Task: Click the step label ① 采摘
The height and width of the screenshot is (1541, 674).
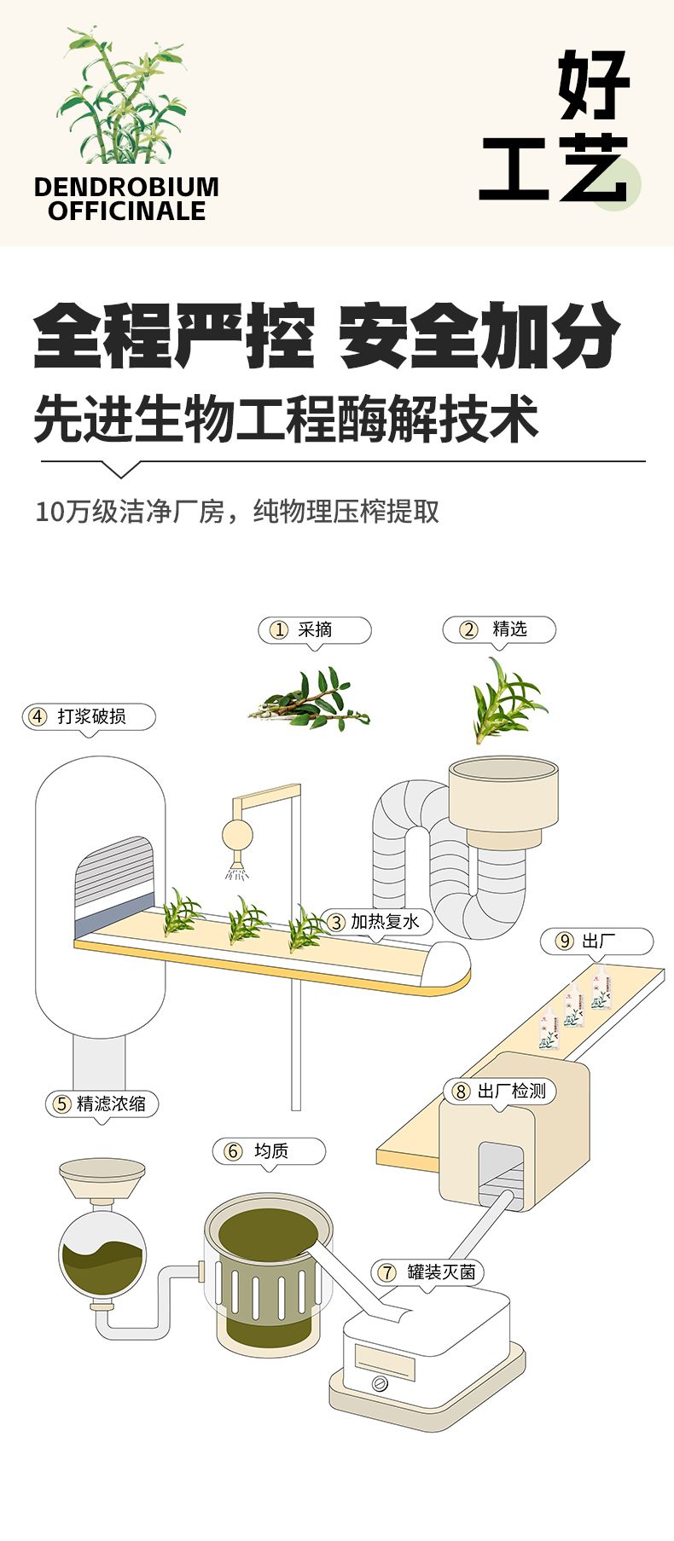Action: [315, 630]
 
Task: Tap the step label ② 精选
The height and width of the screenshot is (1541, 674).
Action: [499, 630]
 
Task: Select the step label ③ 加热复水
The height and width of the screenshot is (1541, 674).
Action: [375, 922]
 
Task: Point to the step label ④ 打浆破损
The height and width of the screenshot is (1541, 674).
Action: [89, 716]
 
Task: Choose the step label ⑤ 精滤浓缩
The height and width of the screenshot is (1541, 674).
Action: [102, 1104]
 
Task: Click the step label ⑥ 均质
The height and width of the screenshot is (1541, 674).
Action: [269, 1150]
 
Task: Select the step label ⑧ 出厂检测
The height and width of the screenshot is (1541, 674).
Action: [500, 1091]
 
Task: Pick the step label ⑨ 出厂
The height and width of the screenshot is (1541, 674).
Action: [596, 941]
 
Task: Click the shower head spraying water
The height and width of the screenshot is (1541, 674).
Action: [237, 871]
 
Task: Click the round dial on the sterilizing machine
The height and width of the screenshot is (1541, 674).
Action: [381, 1383]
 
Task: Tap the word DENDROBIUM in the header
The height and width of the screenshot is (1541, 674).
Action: [126, 187]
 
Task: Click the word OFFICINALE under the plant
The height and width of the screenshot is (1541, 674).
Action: [126, 211]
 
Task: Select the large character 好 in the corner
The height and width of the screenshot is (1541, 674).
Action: [594, 85]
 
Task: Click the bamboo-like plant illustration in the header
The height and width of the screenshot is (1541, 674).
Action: [122, 98]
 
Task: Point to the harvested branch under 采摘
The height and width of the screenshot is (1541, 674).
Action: [310, 702]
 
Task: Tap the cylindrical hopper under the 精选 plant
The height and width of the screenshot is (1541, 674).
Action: [503, 799]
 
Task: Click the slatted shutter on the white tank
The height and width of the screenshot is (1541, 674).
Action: [113, 872]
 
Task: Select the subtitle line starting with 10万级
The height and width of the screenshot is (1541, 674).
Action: [237, 512]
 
